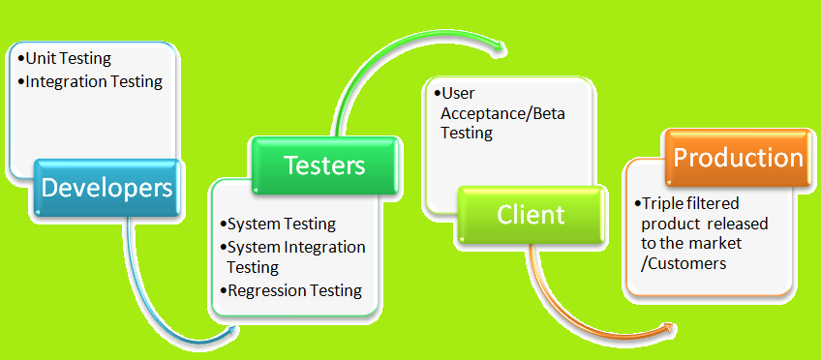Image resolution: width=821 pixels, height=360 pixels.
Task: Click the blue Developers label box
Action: (x=106, y=187)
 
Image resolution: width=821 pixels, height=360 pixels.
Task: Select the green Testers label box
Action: (x=324, y=165)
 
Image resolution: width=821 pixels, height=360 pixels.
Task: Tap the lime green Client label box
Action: (x=531, y=214)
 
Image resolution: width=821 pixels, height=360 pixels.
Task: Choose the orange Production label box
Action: (x=738, y=157)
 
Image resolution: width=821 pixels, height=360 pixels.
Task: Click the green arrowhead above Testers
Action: (x=500, y=45)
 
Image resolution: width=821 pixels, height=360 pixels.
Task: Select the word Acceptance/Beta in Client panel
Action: (x=502, y=113)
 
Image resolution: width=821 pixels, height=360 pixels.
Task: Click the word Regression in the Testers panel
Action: (x=264, y=290)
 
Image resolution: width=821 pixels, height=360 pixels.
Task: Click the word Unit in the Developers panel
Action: (x=42, y=59)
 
